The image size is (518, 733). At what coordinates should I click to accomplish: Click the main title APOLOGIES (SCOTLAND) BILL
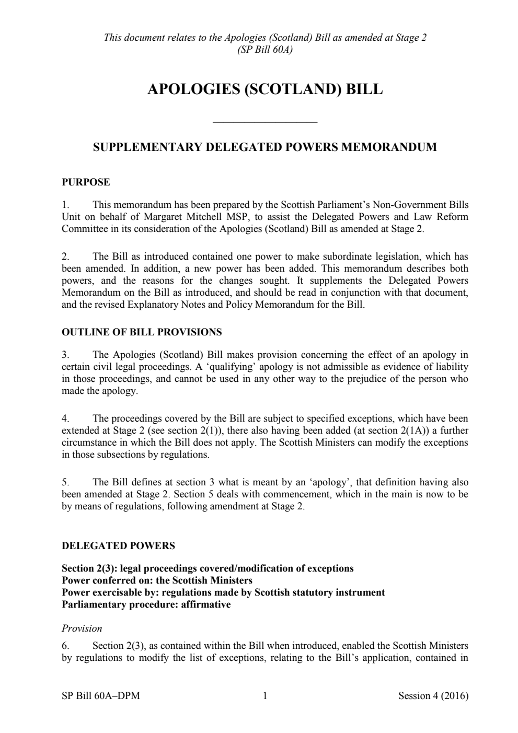click(264, 89)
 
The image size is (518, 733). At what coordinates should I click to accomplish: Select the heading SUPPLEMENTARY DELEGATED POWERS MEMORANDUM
click(264, 147)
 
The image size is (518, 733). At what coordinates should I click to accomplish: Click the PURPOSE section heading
click(86, 182)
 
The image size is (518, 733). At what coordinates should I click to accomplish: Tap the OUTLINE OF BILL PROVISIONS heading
click(142, 332)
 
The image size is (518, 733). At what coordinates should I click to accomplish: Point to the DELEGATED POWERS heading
click(118, 546)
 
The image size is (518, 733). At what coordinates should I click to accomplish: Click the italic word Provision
click(82, 629)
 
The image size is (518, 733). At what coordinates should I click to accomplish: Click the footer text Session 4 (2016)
click(433, 696)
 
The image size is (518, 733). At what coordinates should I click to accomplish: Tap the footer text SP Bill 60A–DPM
click(100, 696)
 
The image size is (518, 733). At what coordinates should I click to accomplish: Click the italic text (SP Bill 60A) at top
click(264, 50)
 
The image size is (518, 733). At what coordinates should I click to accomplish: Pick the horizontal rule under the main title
click(266, 123)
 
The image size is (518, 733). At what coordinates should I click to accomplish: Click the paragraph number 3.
click(65, 355)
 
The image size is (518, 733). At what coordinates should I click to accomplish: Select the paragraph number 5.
click(65, 482)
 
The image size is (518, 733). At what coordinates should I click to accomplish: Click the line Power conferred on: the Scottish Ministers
click(157, 580)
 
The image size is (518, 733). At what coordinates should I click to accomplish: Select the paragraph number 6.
click(65, 646)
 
